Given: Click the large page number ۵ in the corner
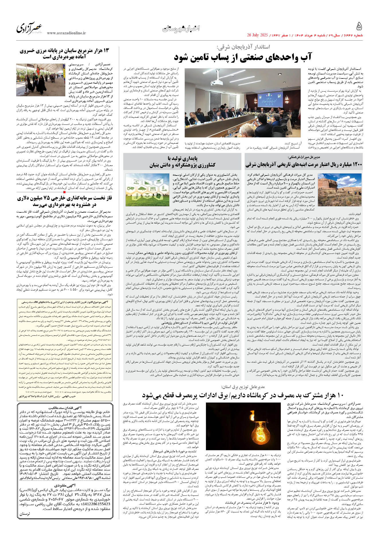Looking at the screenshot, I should point(359,27).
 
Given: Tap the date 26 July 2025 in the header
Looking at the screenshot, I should point(257,35).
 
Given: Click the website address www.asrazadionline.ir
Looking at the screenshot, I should point(66,33).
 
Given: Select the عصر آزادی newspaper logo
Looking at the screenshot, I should point(30,28).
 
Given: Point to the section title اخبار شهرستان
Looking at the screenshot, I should point(181,29).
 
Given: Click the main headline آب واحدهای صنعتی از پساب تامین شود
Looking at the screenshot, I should point(243,58).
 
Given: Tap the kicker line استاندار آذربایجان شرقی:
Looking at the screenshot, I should point(243,47).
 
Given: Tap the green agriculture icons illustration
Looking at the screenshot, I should point(148,189).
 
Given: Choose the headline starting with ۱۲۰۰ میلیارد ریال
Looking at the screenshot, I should point(304,165).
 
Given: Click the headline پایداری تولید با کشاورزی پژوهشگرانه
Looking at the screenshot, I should point(182,162).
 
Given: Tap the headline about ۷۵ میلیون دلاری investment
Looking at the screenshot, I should point(64,201).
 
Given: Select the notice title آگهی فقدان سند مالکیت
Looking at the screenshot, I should point(65,408).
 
